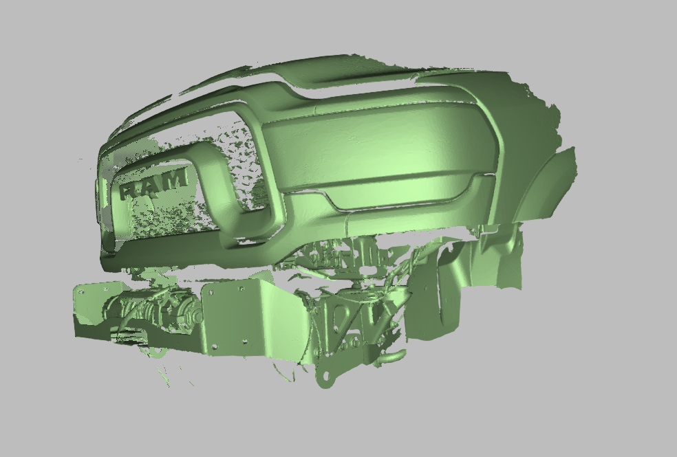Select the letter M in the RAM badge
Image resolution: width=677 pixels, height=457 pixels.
pyautogui.click(x=176, y=179)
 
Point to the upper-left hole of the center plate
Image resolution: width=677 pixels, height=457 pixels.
pyautogui.click(x=211, y=292)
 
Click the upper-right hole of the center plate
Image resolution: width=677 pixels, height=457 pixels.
pyautogui.click(x=243, y=289)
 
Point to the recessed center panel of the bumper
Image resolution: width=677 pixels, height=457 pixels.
pyautogui.click(x=378, y=151)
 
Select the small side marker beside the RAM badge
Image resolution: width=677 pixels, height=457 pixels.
pyautogui.click(x=94, y=189)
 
